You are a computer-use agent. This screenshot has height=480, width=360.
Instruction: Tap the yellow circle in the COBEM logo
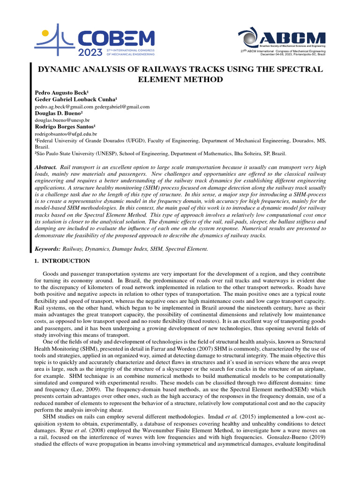point(45,34)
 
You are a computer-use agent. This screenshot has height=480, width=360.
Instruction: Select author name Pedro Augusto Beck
point(62,93)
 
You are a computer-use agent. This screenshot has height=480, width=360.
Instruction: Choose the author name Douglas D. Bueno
point(59,113)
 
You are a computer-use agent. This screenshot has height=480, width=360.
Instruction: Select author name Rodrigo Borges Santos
point(66,127)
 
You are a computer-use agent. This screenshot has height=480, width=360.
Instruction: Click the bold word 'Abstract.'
point(46,167)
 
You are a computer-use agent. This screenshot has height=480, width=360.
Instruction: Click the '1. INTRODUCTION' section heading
point(62,261)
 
